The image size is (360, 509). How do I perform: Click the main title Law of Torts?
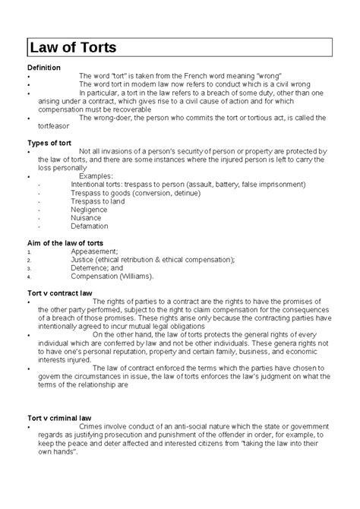(73, 49)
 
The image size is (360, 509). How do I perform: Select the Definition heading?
(45, 68)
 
